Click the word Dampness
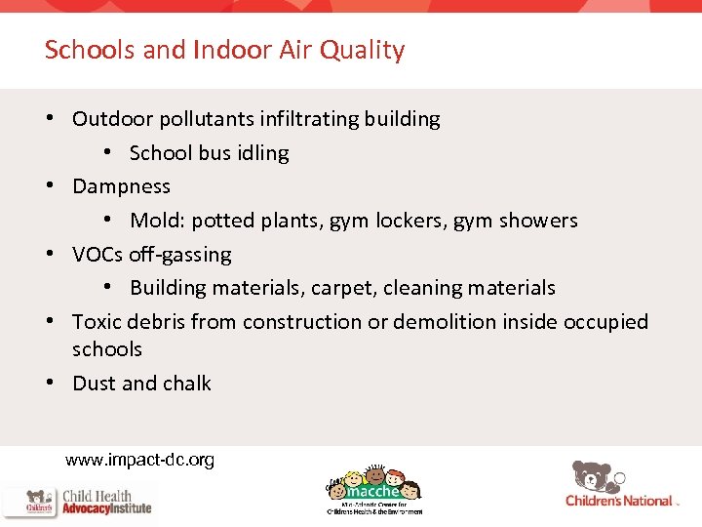[121, 186]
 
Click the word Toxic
[98, 322]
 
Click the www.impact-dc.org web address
[139, 459]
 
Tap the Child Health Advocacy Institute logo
[78, 502]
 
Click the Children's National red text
[619, 501]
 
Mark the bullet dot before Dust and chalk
[49, 383]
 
